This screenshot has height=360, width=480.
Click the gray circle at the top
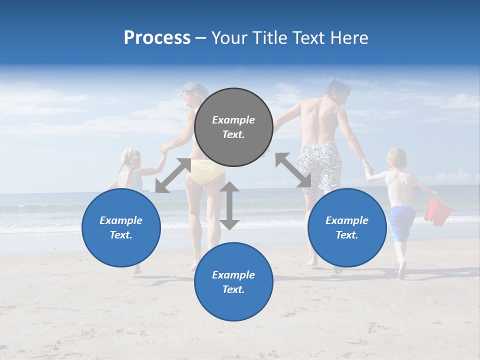tap(233, 127)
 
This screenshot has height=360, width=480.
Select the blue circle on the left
tap(121, 227)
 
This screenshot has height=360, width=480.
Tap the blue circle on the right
tap(347, 227)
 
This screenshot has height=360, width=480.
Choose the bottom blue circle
tap(233, 282)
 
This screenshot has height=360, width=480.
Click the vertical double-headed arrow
tap(229, 205)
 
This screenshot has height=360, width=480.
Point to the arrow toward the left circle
tap(173, 175)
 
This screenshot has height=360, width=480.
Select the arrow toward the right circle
tap(293, 170)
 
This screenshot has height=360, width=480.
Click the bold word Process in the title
tap(157, 37)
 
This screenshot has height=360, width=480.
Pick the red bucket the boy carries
tap(437, 212)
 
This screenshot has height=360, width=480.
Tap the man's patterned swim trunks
tap(319, 165)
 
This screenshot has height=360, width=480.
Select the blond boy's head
tap(397, 158)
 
